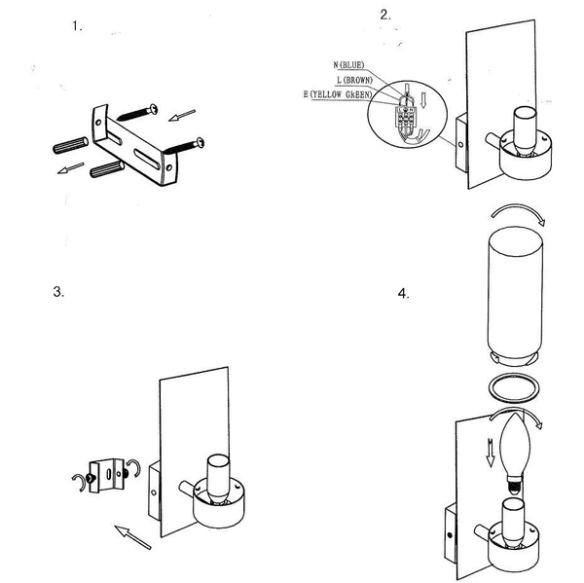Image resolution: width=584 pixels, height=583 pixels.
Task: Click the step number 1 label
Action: (77, 26)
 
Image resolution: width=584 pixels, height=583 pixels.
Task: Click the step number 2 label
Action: (385, 15)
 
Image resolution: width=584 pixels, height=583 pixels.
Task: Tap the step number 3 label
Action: (58, 291)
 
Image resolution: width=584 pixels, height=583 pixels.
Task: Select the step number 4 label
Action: (403, 294)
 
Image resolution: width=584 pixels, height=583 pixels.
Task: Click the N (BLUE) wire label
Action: (348, 65)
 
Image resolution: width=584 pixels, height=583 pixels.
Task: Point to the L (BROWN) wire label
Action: (354, 80)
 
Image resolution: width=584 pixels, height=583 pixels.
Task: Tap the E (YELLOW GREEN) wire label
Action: (338, 94)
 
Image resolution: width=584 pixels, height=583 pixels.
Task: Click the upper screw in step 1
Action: (137, 112)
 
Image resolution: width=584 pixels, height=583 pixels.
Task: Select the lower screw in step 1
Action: (184, 146)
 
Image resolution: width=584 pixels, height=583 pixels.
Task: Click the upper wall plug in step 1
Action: (71, 145)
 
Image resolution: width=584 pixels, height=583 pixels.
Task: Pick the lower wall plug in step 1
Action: (107, 168)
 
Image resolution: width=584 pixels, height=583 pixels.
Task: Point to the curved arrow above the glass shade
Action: (518, 209)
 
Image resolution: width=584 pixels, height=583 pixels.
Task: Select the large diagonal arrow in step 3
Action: (132, 537)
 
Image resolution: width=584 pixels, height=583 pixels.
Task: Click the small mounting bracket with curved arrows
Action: (106, 475)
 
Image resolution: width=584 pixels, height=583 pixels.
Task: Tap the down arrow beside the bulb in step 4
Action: (491, 453)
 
